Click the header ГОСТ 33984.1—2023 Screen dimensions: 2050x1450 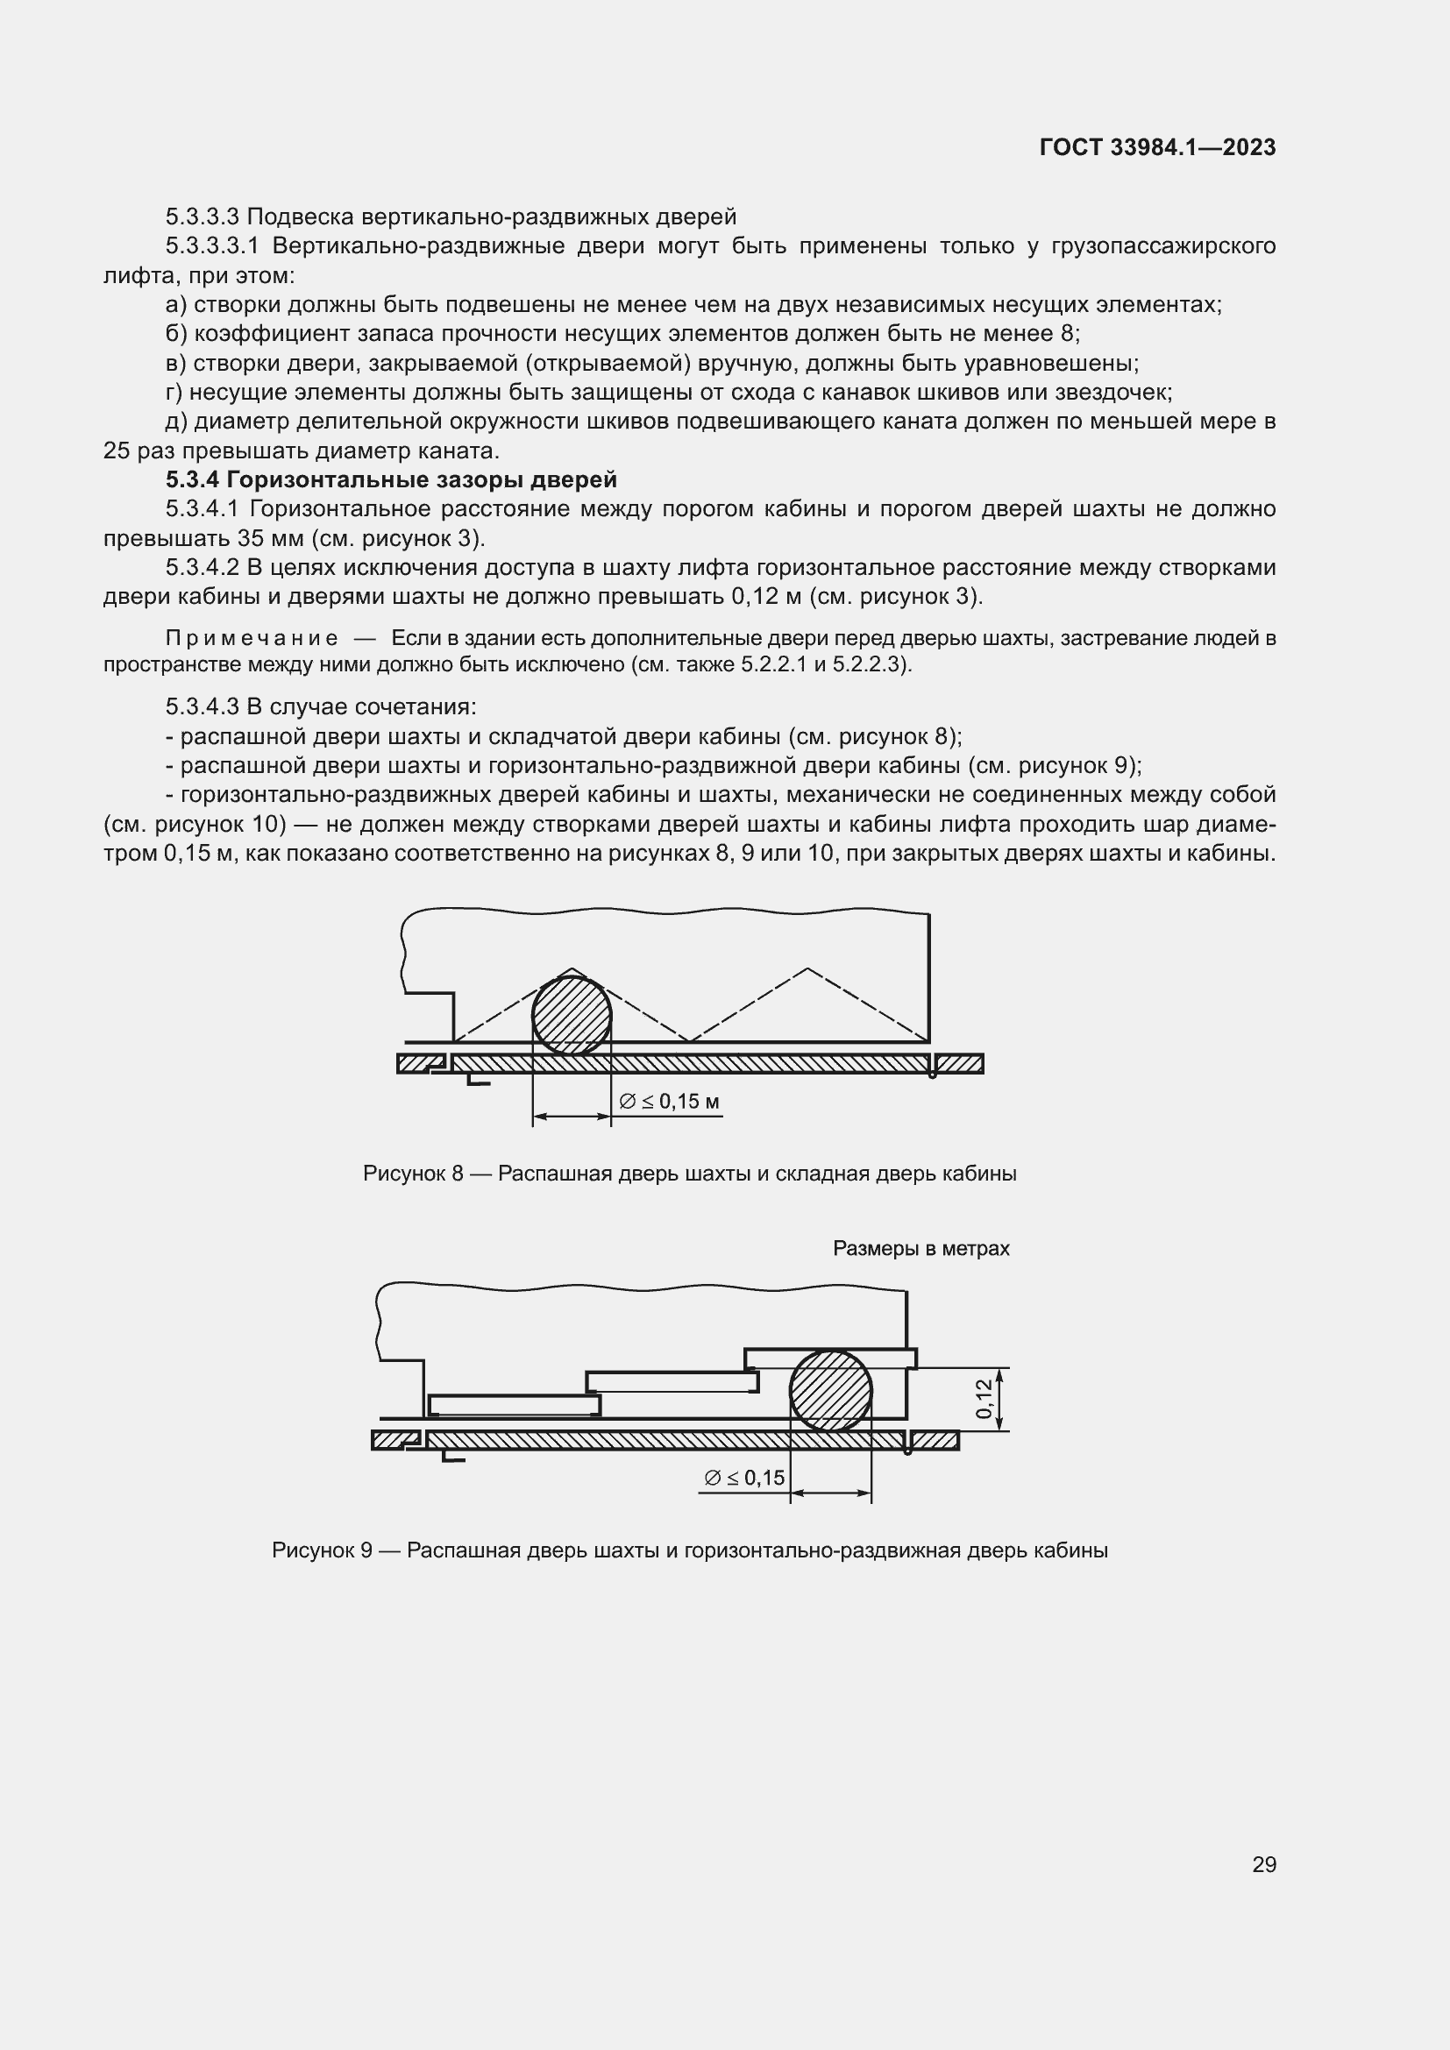click(x=1157, y=147)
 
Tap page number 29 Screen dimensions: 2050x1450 click(x=1263, y=1864)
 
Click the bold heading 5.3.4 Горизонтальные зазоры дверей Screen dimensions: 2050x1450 click(x=391, y=479)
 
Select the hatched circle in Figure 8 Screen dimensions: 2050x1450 click(x=572, y=1015)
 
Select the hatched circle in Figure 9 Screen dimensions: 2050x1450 click(x=830, y=1390)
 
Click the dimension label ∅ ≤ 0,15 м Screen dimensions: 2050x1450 click(x=670, y=1102)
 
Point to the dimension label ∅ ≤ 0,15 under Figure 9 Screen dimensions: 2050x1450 click(x=743, y=1479)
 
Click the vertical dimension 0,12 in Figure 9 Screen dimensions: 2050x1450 click(x=983, y=1398)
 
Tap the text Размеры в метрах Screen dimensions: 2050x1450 click(x=920, y=1248)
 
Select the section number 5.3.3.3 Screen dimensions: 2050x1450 click(x=202, y=216)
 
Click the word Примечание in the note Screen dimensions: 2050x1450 click(x=252, y=637)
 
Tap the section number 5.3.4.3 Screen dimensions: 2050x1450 click(x=202, y=706)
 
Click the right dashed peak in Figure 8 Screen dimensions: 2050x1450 click(x=807, y=969)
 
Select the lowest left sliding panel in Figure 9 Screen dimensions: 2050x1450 click(x=515, y=1405)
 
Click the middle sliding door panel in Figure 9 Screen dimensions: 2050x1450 click(x=672, y=1381)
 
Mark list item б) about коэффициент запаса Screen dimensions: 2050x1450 click(x=622, y=334)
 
